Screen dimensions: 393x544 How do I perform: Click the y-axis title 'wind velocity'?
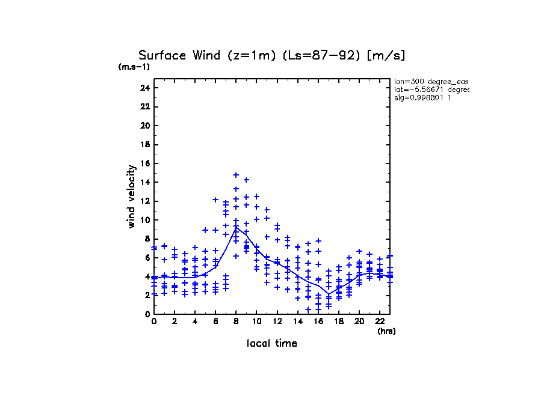tap(131, 196)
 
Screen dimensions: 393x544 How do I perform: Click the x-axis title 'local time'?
tap(272, 343)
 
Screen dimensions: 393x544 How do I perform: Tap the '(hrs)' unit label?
tap(386, 331)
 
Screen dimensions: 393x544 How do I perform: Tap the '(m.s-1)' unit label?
tap(134, 67)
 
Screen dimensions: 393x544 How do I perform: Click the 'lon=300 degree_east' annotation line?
tap(431, 81)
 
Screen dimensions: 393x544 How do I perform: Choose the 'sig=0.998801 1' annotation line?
tap(422, 97)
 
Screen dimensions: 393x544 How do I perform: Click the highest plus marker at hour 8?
tap(236, 175)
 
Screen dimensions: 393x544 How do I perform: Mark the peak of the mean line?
tap(236, 227)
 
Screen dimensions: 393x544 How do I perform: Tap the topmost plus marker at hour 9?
tap(246, 180)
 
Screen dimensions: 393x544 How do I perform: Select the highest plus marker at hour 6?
tap(215, 200)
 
